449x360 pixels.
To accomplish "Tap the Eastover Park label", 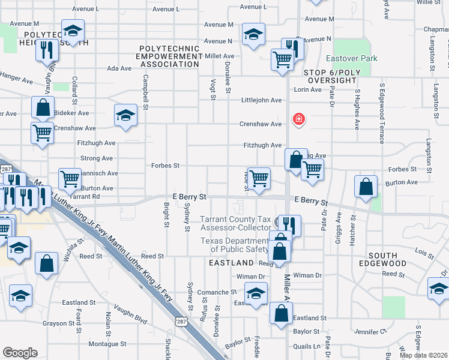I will (360, 59).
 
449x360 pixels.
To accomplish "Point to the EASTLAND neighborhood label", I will (231, 263).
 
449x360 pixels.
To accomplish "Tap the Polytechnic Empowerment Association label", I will (170, 56).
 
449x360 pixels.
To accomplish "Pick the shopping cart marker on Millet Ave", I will (282, 60).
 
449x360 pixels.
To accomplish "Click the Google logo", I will (20, 353).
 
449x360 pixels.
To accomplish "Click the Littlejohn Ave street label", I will (262, 100).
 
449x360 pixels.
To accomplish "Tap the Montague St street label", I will (107, 344).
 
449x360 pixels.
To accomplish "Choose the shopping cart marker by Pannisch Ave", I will (70, 179).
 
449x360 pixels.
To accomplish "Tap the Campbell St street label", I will (145, 91).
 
